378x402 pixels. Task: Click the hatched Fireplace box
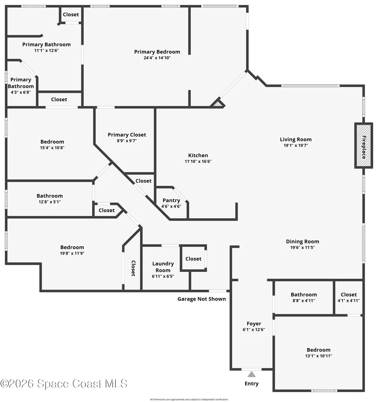[x=363, y=145]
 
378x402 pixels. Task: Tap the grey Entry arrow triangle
[x=252, y=374]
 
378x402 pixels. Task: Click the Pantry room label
[x=171, y=200]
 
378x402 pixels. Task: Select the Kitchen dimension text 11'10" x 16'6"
[x=198, y=161]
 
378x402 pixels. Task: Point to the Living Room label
[x=295, y=139]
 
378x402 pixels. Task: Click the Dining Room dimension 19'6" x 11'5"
[x=302, y=247]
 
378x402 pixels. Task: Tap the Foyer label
[x=254, y=324]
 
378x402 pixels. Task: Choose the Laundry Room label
[x=163, y=267]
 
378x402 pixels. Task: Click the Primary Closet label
[x=127, y=135]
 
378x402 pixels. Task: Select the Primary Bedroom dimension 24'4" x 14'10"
[x=157, y=58]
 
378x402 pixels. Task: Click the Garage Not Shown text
[x=202, y=299]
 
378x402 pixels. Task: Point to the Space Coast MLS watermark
[x=64, y=383]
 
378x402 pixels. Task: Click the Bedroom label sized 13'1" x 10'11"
[x=318, y=350]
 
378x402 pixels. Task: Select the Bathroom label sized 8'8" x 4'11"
[x=303, y=295]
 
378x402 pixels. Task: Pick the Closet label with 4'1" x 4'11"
[x=349, y=295]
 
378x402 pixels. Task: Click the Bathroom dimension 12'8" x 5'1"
[x=49, y=202]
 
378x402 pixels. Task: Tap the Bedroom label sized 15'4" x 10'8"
[x=52, y=141]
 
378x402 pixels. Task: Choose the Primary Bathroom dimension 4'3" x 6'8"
[x=21, y=92]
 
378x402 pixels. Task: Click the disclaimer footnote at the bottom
[x=189, y=399]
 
